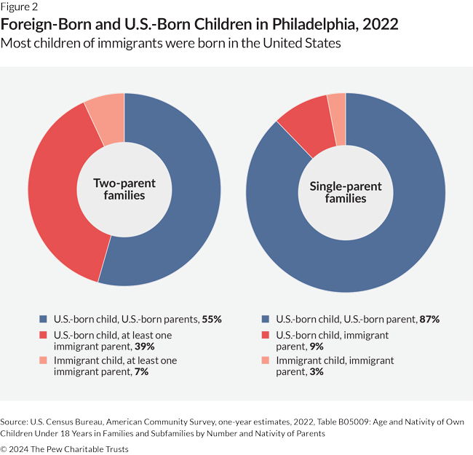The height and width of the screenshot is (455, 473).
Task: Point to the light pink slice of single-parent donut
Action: pos(337,106)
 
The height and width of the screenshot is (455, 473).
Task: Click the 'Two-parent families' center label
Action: pos(125,190)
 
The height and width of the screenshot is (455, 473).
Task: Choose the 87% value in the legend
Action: pos(429,319)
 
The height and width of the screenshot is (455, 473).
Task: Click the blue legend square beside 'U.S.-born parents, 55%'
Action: pos(42,319)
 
